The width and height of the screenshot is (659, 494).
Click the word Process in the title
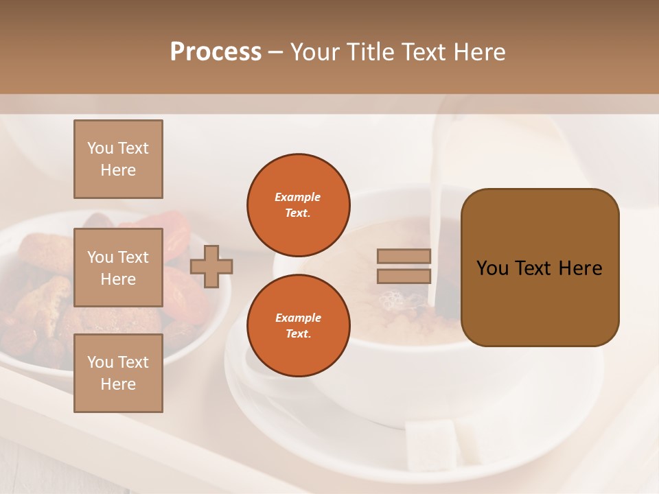(216, 52)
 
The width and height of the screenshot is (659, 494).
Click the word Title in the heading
(370, 52)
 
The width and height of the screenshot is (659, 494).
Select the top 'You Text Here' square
(118, 158)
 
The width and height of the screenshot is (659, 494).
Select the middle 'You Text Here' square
(118, 268)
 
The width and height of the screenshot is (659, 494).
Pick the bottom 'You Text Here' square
(118, 373)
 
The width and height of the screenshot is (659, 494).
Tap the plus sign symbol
(211, 266)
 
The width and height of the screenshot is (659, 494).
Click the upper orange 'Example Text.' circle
(298, 204)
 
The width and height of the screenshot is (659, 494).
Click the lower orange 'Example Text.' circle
(298, 325)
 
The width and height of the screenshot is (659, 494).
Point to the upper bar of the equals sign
(404, 256)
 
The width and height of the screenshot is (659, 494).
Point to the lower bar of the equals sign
(404, 276)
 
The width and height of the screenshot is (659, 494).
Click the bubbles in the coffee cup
(394, 301)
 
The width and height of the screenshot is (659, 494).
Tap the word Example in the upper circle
(298, 197)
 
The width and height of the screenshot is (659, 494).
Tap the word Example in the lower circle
(298, 318)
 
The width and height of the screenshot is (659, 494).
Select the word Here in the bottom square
(118, 384)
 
